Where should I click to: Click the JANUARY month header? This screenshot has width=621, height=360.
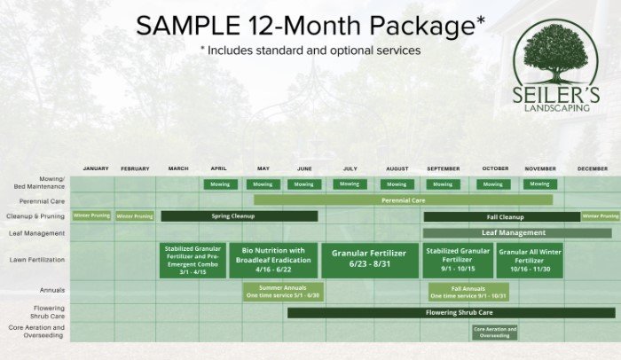[x=95, y=168]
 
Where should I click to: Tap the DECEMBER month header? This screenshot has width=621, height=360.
[x=592, y=168]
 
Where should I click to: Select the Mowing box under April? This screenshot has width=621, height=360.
[x=220, y=184]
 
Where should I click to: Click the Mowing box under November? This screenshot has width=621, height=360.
[x=539, y=184]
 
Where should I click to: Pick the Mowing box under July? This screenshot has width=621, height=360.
[x=350, y=184]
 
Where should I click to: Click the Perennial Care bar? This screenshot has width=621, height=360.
[x=403, y=200]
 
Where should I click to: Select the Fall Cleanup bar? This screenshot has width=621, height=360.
[x=502, y=216]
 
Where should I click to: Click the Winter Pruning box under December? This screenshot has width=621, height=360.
[x=601, y=216]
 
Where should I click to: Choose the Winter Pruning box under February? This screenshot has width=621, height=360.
[x=135, y=216]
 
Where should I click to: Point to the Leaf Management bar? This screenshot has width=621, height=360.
[x=513, y=233]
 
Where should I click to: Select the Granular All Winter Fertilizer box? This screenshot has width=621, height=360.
[x=530, y=260]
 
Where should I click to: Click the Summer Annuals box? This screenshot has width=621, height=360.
[x=282, y=292]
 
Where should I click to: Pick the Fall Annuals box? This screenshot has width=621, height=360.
[x=468, y=292]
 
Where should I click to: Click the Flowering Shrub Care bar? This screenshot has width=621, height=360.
[x=451, y=313]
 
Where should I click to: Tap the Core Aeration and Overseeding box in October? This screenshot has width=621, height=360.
[x=494, y=333]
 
